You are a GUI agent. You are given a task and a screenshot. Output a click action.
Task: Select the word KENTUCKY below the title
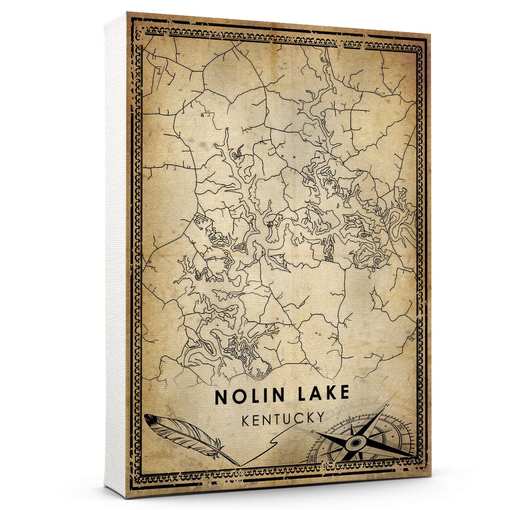pyautogui.click(x=283, y=418)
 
